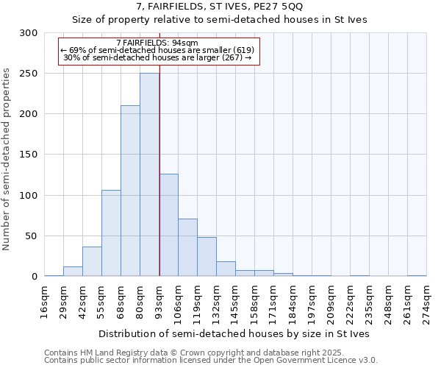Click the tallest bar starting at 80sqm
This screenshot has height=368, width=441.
tap(149, 174)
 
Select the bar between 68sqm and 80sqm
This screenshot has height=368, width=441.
tap(130, 191)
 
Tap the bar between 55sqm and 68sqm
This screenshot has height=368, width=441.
tap(111, 233)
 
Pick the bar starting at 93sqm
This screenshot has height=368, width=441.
tap(168, 225)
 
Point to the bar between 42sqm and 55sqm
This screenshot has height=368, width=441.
tap(92, 261)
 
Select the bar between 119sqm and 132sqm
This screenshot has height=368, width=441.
tap(207, 257)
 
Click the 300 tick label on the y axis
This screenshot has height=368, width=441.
tap(28, 33)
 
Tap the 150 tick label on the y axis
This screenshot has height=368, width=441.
tap(28, 155)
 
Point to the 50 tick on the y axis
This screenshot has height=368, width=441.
tap(31, 236)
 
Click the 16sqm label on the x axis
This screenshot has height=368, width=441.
tap(44, 302)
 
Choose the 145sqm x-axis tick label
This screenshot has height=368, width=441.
tap(235, 302)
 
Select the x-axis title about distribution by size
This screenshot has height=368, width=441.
tap(235, 333)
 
